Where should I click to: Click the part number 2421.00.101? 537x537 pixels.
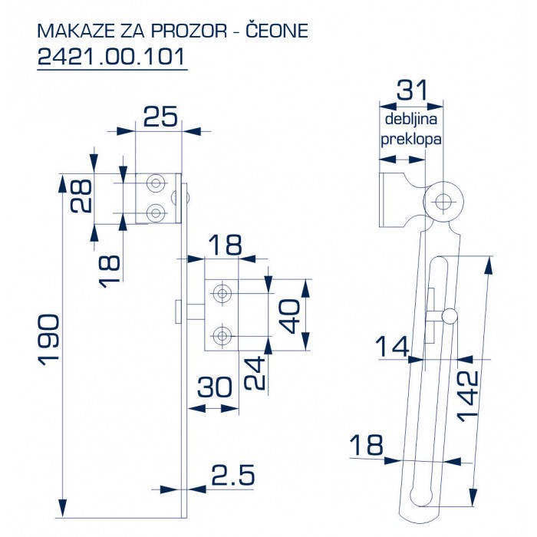click(x=112, y=57)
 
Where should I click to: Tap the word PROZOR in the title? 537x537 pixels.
click(x=189, y=31)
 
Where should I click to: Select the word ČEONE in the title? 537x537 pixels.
click(x=278, y=30)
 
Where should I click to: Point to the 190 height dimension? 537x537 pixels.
click(x=49, y=340)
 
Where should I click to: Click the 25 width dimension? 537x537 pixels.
click(x=160, y=117)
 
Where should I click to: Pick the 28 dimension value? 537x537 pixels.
click(x=81, y=196)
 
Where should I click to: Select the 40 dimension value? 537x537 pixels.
click(x=289, y=316)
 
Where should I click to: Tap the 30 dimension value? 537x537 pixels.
click(x=215, y=387)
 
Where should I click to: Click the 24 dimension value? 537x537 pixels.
click(x=255, y=373)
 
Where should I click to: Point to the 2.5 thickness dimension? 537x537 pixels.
click(x=233, y=475)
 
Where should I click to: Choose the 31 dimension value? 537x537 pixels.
click(x=412, y=91)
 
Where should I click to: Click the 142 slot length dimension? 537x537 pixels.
click(x=467, y=396)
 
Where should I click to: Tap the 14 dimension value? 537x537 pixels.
click(x=393, y=347)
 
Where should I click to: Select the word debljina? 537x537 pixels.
click(x=411, y=120)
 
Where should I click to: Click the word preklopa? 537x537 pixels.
click(x=411, y=140)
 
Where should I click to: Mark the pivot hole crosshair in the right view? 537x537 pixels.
click(x=443, y=202)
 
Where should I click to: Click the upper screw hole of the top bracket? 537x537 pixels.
click(x=156, y=183)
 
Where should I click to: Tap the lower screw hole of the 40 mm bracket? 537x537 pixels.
click(x=222, y=336)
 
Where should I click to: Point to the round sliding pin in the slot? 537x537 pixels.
click(x=449, y=316)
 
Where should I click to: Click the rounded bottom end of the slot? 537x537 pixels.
click(x=421, y=496)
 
